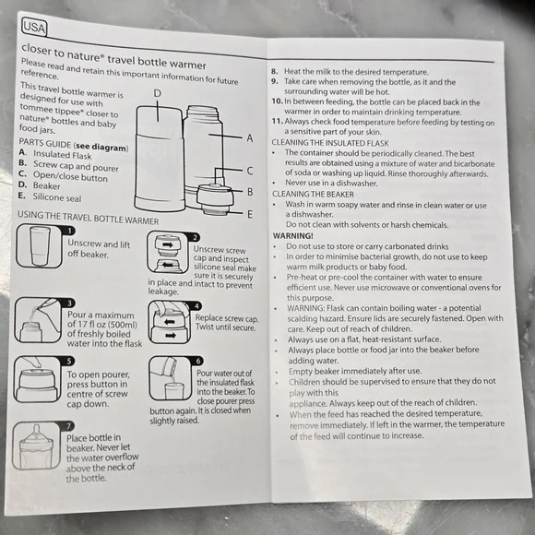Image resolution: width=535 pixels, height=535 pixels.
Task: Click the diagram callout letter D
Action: [x=158, y=93]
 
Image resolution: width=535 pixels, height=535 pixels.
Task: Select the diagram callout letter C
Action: [x=250, y=170]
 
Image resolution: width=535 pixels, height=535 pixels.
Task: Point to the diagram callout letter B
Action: [x=250, y=191]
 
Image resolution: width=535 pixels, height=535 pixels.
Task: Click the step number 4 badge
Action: [x=196, y=306]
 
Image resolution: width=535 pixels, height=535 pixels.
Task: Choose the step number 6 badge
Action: [x=196, y=362]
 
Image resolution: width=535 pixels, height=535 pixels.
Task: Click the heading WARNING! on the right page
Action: [x=292, y=236]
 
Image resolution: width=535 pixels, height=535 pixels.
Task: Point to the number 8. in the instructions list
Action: [x=275, y=72]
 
